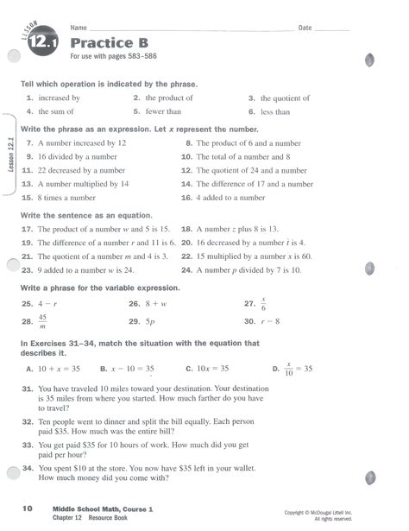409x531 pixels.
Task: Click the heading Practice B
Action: tap(109, 43)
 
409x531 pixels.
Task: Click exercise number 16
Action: tap(186, 198)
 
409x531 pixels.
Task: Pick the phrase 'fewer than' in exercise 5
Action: tap(163, 111)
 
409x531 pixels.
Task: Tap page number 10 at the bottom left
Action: tap(28, 509)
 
